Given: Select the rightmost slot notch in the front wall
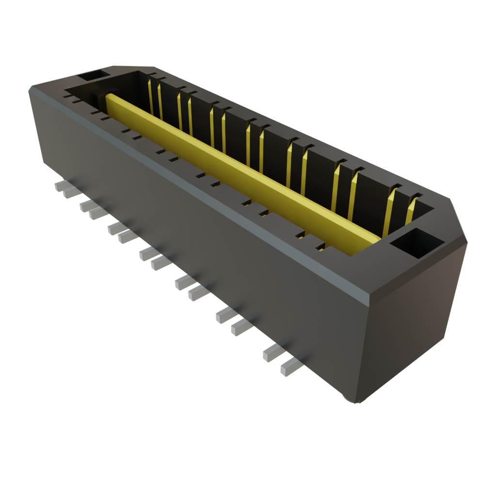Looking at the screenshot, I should point(320,248).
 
